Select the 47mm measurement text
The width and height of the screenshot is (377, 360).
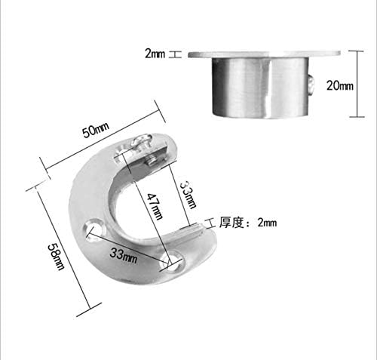[x=155, y=205]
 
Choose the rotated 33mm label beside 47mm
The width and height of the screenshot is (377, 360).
[x=188, y=191]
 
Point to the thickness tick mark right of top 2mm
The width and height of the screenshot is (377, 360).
[x=175, y=54]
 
